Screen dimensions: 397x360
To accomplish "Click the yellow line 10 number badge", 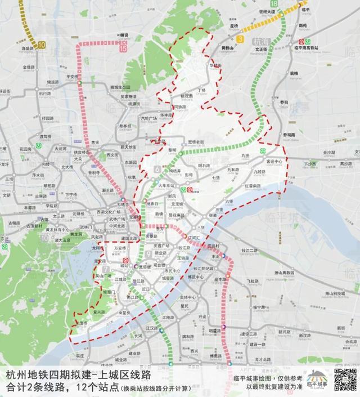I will (44, 43).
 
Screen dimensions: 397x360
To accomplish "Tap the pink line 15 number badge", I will (123, 48).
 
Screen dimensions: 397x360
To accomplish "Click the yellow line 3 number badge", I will (240, 38).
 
